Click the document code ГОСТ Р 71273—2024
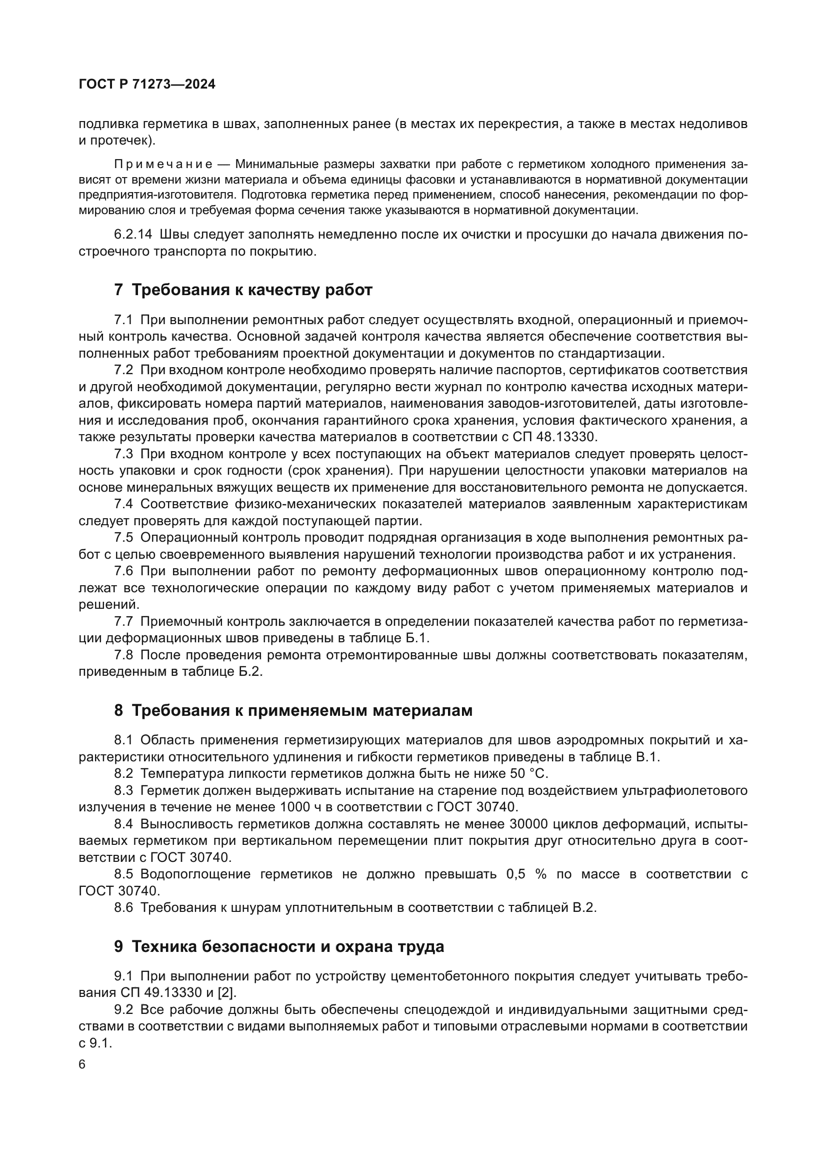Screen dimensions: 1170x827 (x=147, y=84)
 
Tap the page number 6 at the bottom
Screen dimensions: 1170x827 (x=82, y=1064)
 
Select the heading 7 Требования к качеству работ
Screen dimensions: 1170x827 (x=243, y=290)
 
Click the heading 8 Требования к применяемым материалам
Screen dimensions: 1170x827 (x=293, y=710)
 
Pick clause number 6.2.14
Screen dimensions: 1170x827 (x=133, y=235)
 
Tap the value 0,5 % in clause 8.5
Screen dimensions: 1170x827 (x=526, y=874)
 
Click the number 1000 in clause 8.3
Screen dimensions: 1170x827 (x=296, y=807)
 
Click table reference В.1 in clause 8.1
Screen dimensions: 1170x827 (x=647, y=757)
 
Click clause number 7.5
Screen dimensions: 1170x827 (x=123, y=538)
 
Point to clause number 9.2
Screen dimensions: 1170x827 (x=123, y=1009)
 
